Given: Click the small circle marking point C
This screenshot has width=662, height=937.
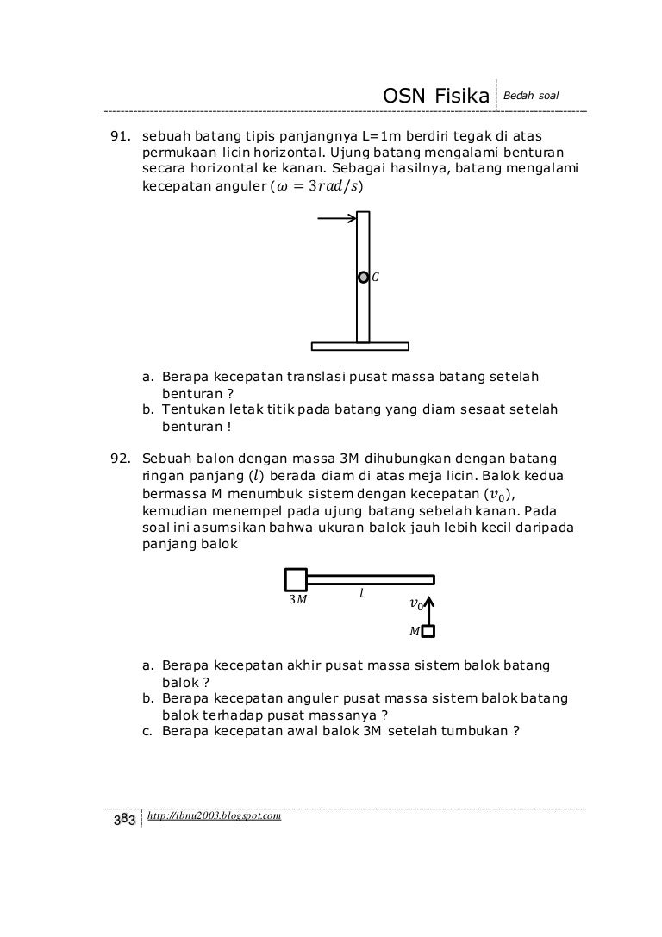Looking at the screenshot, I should (363, 278).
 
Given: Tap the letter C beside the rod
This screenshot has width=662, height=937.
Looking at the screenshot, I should (376, 278).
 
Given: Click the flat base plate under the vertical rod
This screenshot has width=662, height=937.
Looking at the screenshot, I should (359, 347).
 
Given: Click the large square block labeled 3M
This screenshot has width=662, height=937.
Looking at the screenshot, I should (295, 579).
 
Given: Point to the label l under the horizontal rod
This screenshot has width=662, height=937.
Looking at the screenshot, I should (362, 595).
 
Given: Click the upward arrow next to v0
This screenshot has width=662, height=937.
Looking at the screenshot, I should (428, 606).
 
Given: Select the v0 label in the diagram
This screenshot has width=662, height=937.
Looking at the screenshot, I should (415, 605).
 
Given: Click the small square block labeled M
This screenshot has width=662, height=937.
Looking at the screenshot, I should (428, 631).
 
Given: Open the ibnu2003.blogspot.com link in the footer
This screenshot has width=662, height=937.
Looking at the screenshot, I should (215, 815).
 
